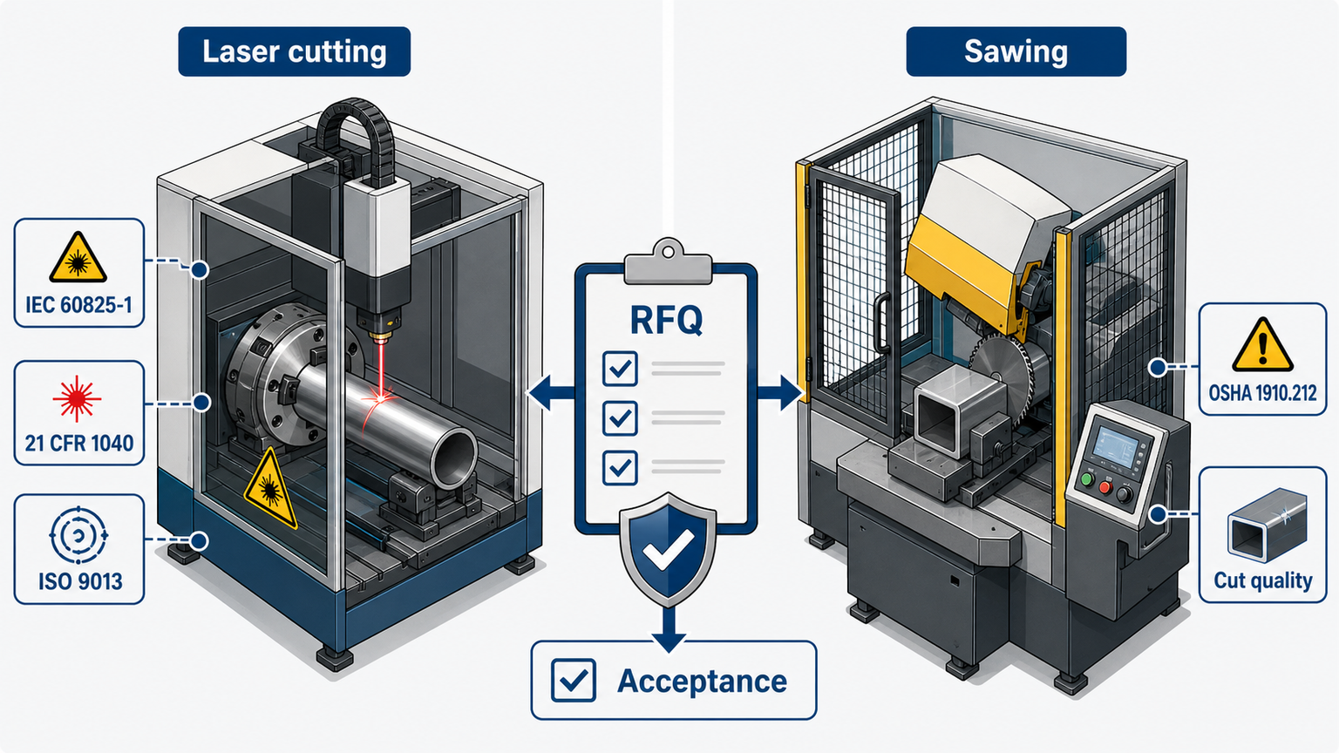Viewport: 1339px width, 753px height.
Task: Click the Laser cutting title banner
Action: pos(294,51)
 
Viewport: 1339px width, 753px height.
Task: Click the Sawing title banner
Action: pos(1016,51)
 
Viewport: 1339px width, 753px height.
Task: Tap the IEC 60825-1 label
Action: pos(79,305)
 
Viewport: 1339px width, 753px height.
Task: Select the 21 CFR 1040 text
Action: pos(79,444)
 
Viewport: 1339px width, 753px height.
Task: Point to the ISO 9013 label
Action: pos(79,581)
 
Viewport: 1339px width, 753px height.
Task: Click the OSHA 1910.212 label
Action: pos(1262,393)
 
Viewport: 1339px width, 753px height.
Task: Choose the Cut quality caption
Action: pos(1262,580)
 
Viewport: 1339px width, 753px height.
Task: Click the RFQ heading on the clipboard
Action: pos(666,321)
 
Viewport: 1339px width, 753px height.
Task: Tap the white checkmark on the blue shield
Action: pos(669,548)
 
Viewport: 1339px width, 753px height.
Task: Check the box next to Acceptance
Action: pos(574,680)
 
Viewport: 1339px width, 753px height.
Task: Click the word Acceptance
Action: pos(702,682)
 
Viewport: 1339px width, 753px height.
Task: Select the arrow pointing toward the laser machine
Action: pos(552,394)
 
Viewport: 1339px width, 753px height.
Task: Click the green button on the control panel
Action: pos(1087,480)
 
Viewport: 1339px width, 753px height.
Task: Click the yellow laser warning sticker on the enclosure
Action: pos(270,489)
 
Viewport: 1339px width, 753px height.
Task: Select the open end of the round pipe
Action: pos(453,459)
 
